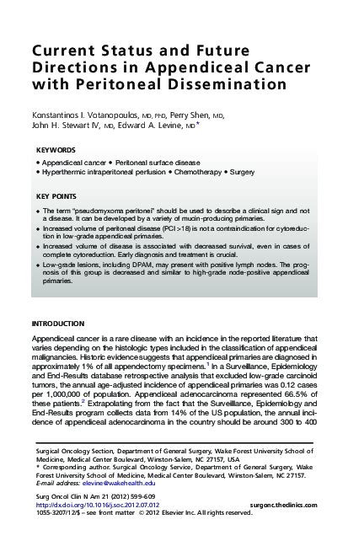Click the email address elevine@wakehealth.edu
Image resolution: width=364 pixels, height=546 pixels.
point(115,484)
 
